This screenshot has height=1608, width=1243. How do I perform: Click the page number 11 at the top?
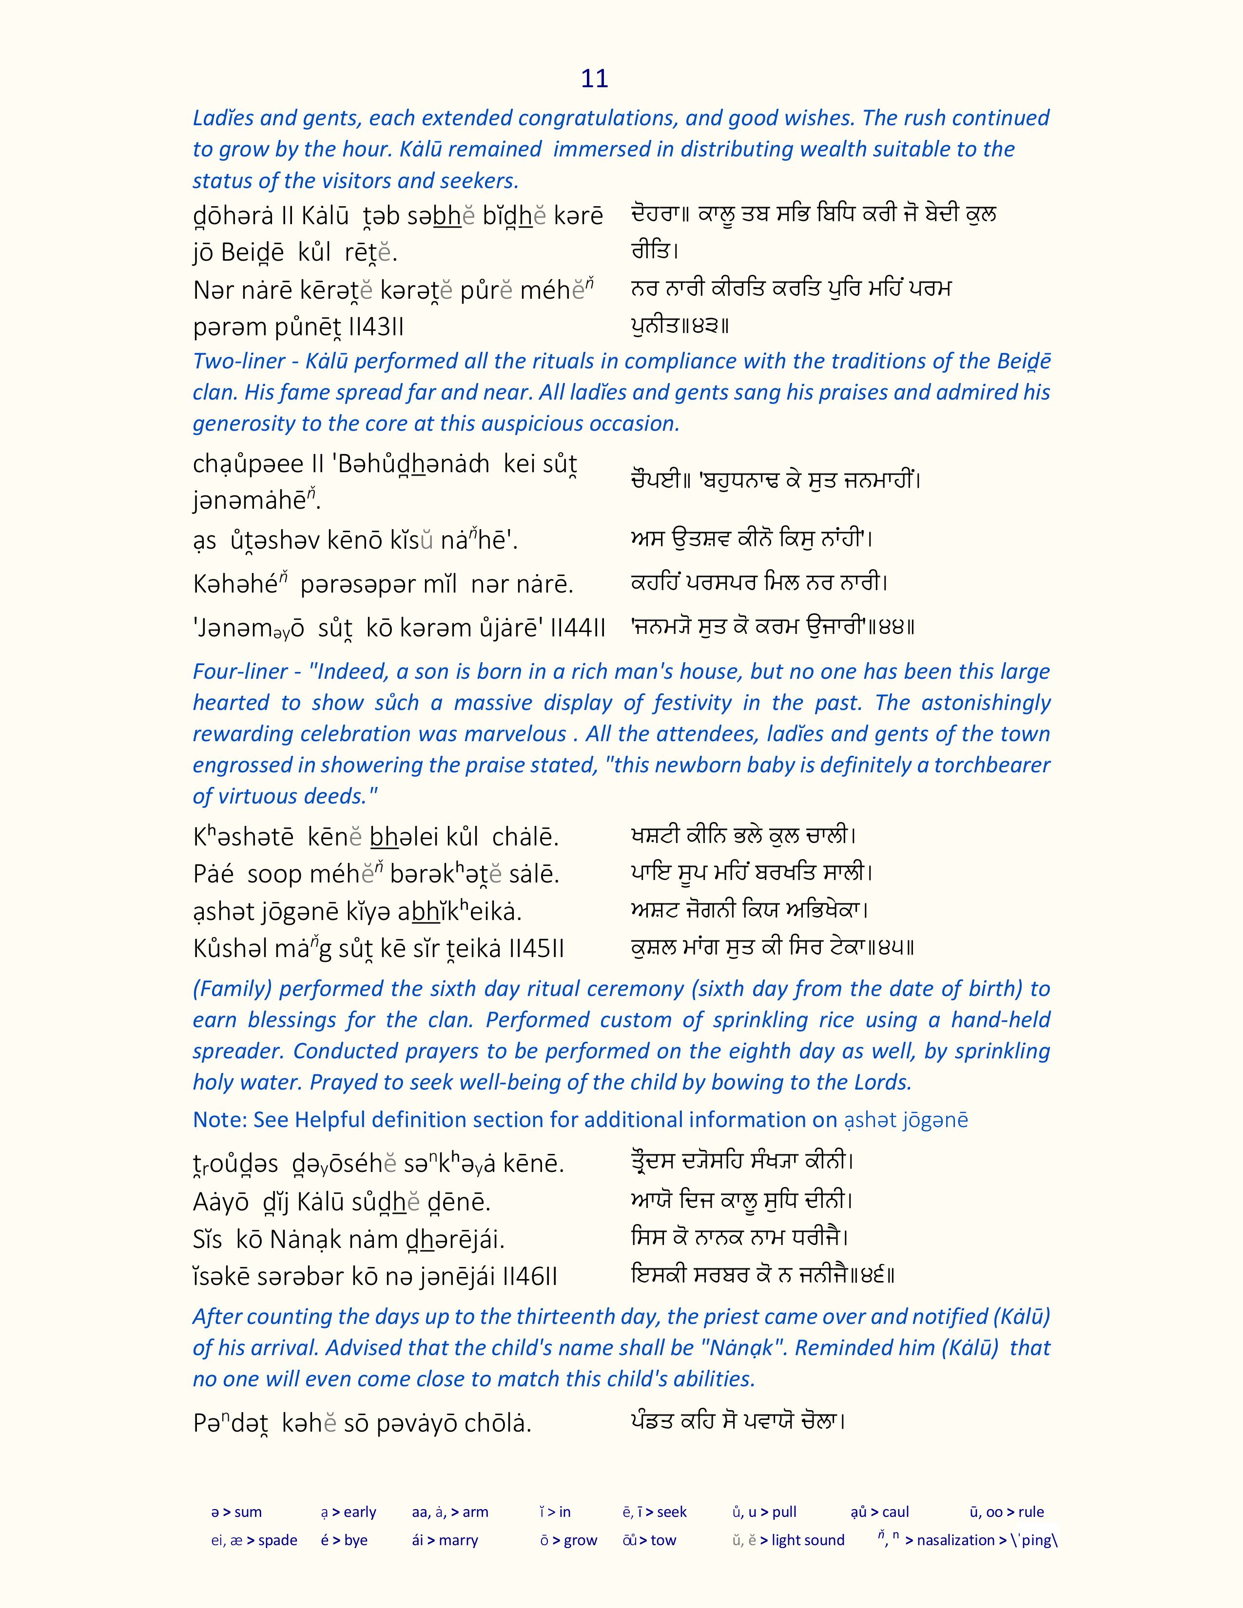coord(594,79)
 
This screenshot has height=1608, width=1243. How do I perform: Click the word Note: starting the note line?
coord(219,1120)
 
